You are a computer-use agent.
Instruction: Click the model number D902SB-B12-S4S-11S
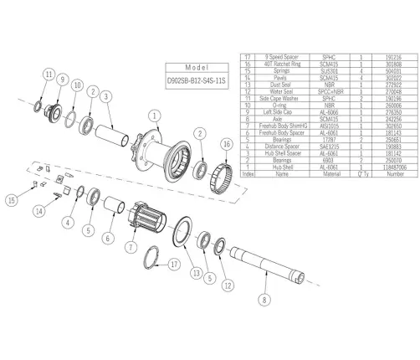pos(195,84)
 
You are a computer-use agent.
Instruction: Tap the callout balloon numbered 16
pos(227,145)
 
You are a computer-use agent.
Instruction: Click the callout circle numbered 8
pos(264,297)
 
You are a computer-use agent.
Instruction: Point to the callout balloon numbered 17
pos(173,265)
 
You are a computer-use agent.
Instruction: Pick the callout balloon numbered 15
pos(13,200)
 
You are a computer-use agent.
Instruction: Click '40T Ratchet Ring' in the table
pos(282,62)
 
